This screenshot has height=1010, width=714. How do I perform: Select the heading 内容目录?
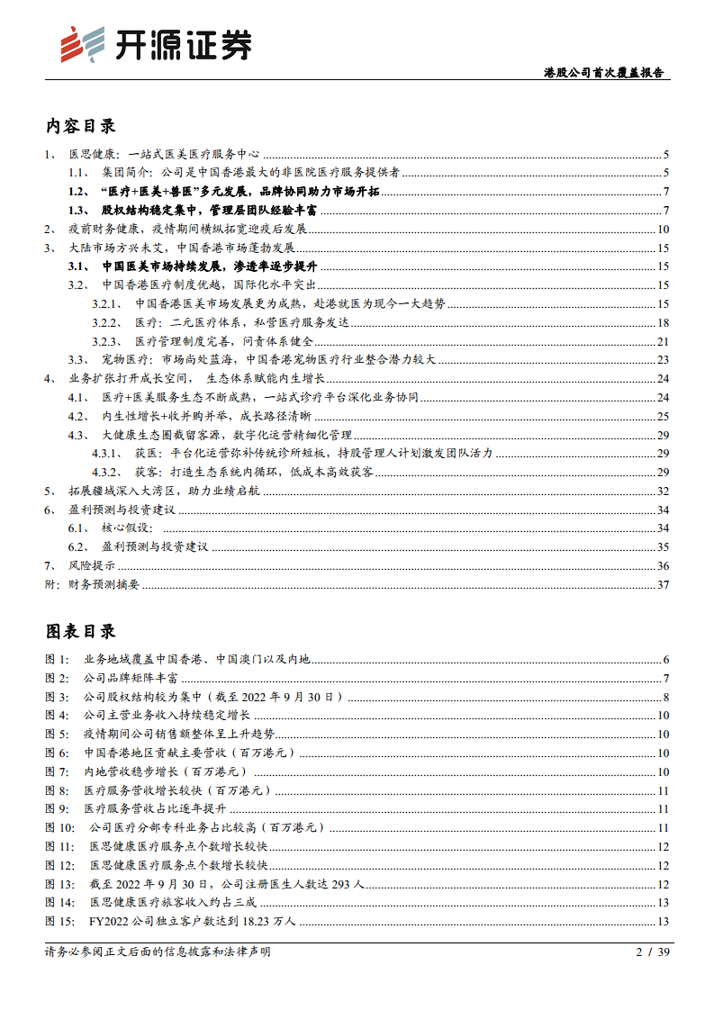[80, 126]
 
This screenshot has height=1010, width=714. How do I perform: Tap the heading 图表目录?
[80, 631]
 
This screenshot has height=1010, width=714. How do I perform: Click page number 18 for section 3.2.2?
[662, 322]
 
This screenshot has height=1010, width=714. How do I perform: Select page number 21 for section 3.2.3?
[662, 341]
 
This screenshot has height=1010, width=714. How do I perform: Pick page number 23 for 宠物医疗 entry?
[662, 360]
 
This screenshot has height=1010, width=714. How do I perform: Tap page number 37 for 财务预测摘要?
[662, 584]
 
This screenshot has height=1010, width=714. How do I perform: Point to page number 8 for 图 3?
[664, 697]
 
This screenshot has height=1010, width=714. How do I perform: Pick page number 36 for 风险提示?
[662, 565]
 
